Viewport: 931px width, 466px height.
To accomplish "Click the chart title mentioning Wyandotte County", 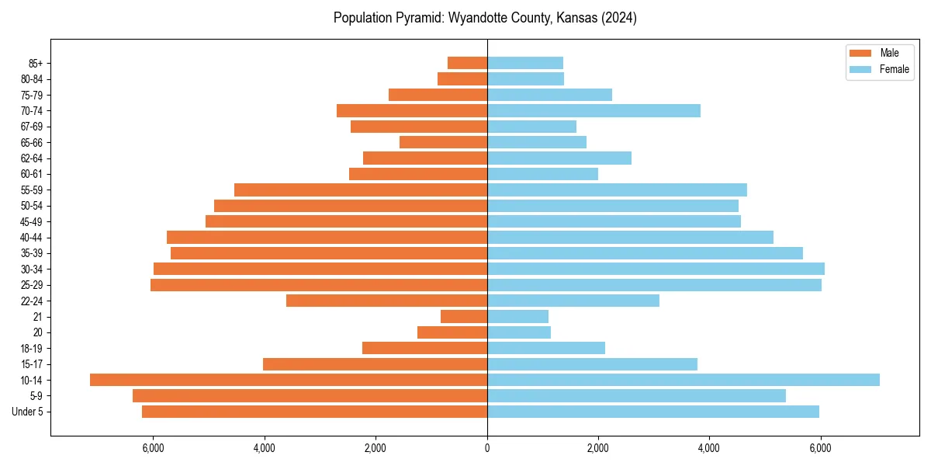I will pyautogui.click(x=485, y=18).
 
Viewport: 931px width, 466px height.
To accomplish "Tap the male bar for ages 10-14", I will pyautogui.click(x=289, y=380).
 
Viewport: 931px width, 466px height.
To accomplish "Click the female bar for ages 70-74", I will pyautogui.click(x=594, y=110).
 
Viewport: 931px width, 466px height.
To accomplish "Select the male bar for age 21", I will pyautogui.click(x=464, y=316).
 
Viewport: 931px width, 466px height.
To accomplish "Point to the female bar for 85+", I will pyautogui.click(x=525, y=63).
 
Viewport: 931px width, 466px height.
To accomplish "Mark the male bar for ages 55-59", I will pyautogui.click(x=361, y=190).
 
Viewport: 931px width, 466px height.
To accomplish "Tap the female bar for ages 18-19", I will pyautogui.click(x=546, y=348).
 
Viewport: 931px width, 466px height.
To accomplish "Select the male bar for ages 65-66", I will pyautogui.click(x=443, y=142).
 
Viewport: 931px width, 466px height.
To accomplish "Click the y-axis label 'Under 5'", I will pyautogui.click(x=27, y=412).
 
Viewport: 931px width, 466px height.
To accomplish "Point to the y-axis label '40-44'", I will pyautogui.click(x=32, y=238).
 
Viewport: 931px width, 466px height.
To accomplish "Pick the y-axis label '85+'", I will pyautogui.click(x=35, y=63).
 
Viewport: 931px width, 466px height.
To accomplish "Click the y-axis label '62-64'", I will pyautogui.click(x=32, y=158).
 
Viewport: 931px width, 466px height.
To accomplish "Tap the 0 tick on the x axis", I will pyautogui.click(x=487, y=448).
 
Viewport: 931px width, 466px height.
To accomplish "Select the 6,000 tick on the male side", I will pyautogui.click(x=154, y=448).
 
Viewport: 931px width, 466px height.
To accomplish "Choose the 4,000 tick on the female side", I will pyautogui.click(x=709, y=448).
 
